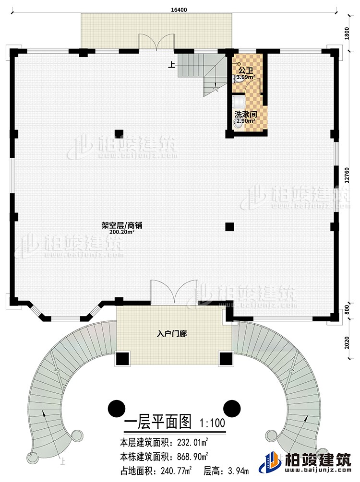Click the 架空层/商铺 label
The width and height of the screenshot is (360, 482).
122,224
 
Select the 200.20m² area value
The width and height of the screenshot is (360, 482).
122,232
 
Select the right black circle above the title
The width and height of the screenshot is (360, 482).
232,408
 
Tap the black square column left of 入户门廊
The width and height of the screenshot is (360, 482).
122,359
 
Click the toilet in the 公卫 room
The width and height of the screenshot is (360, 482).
235,82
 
